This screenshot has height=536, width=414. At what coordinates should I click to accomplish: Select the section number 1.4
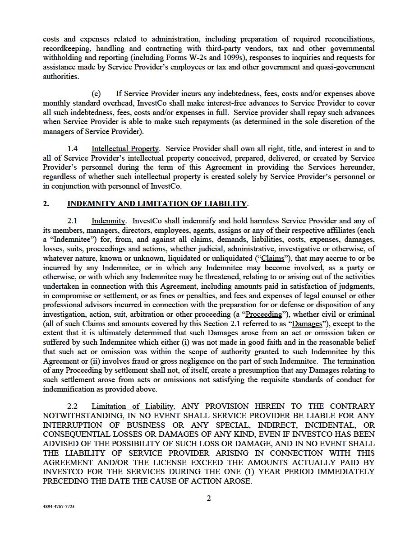point(73,148)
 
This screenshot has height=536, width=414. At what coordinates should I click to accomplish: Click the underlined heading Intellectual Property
point(125,148)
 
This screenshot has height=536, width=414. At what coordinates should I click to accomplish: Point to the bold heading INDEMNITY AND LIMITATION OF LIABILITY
point(157,203)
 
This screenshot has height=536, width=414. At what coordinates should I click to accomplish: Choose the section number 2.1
point(73,221)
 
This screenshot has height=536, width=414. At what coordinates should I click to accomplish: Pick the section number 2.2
point(73,406)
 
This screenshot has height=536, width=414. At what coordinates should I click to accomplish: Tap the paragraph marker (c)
point(96,93)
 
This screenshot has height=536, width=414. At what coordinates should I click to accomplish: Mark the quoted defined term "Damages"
point(307,323)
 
